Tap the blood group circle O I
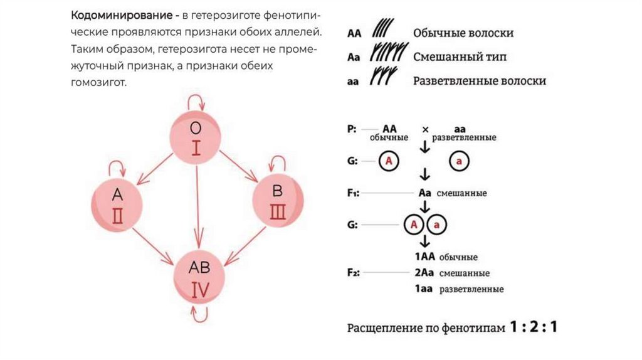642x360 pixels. [x=196, y=139]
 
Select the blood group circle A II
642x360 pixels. [x=117, y=204]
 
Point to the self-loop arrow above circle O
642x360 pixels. [x=197, y=101]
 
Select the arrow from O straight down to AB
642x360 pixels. [x=197, y=207]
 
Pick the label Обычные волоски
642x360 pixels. [x=463, y=33]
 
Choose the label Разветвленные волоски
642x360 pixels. [x=479, y=81]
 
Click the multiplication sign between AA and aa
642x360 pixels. [x=425, y=130]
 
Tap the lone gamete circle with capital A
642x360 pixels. [x=389, y=162]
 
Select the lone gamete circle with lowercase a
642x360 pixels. [x=460, y=162]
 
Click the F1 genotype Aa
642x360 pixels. [x=424, y=193]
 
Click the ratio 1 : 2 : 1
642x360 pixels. [x=533, y=327]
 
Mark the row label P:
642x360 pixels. [x=352, y=129]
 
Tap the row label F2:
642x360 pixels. [x=353, y=273]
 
